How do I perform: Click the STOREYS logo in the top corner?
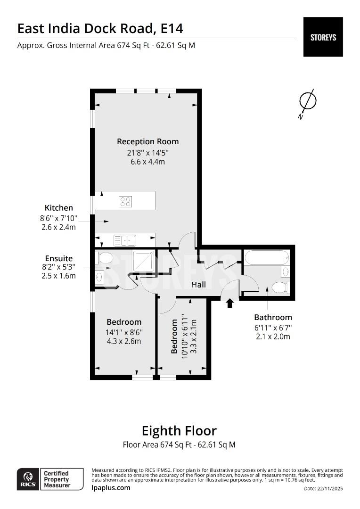tap(323, 37)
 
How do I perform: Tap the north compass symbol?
tap(308, 101)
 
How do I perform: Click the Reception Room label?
tap(147, 141)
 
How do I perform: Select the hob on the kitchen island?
tap(126, 202)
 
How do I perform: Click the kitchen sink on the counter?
tap(124, 240)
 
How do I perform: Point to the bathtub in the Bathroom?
tap(267, 258)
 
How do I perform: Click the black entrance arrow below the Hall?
tap(230, 303)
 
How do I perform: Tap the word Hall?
tap(198, 285)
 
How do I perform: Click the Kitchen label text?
tap(58, 208)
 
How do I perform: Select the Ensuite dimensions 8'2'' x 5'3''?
tap(58, 267)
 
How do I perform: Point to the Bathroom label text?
tap(273, 317)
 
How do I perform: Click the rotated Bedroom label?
tap(174, 337)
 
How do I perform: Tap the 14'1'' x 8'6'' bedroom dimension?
tap(123, 332)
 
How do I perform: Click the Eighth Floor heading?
tap(179, 431)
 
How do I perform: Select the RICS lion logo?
tap(26, 478)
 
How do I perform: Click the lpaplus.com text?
tap(111, 488)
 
